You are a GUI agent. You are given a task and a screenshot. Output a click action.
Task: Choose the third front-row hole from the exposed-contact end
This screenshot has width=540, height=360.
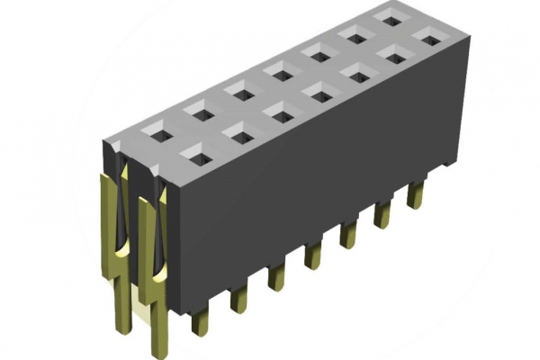tap(279, 114)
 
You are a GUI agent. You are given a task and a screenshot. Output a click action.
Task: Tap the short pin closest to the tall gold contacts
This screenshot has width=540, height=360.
tap(200, 317)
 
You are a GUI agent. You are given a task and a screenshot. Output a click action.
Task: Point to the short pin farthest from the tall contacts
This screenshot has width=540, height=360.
tap(415, 194)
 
